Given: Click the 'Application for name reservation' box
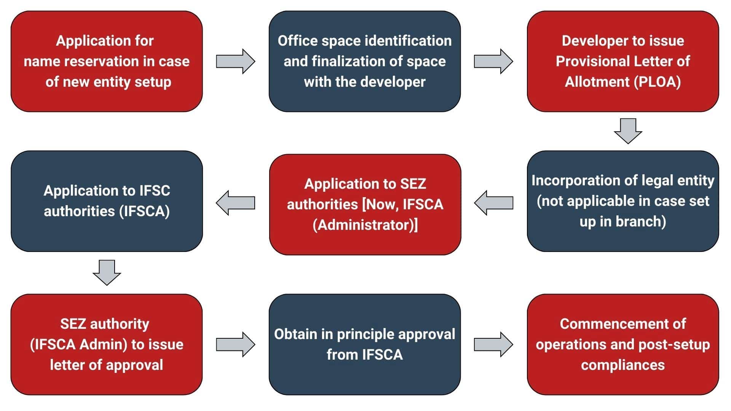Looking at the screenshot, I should click(x=107, y=61).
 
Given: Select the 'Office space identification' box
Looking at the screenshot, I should click(x=365, y=61).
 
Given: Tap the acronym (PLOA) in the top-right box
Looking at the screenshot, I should click(x=657, y=82).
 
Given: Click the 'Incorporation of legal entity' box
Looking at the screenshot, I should click(x=623, y=201).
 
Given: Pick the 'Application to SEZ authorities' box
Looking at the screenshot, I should click(x=365, y=204).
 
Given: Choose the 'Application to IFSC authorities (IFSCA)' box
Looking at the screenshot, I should click(x=107, y=201).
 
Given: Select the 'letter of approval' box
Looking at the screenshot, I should click(x=107, y=344).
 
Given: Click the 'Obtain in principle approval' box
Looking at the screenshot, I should click(x=365, y=344).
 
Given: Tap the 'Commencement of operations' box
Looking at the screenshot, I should click(x=623, y=344).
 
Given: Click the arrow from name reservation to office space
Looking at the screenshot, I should click(x=235, y=61).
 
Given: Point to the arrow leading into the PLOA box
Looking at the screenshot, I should click(x=493, y=61).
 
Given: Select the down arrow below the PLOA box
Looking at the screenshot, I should click(x=628, y=131).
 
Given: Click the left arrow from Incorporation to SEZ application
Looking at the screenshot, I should click(x=493, y=203).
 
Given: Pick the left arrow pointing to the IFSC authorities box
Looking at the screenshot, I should click(x=235, y=203).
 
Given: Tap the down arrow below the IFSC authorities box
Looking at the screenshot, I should click(x=107, y=272).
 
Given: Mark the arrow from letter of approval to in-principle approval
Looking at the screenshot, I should click(x=235, y=344).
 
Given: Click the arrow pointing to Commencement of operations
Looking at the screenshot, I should click(x=493, y=344).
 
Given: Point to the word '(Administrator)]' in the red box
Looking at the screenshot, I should click(x=365, y=225).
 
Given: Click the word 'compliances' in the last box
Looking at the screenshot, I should click(x=623, y=365).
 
